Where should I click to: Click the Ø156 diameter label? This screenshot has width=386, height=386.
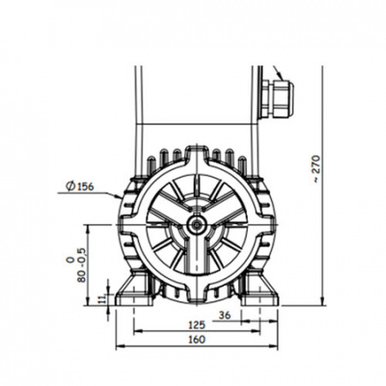(x=80, y=186)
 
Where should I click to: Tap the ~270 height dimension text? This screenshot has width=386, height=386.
(x=317, y=169)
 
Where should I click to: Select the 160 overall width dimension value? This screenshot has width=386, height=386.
(x=196, y=340)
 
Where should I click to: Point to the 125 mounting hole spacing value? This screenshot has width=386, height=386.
(x=196, y=325)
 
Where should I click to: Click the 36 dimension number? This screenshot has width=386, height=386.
(x=225, y=316)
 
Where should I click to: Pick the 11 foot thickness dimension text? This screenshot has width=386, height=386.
(x=102, y=299)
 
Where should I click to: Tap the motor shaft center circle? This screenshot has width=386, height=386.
(x=196, y=225)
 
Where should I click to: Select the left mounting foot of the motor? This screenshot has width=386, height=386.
(x=135, y=289)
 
